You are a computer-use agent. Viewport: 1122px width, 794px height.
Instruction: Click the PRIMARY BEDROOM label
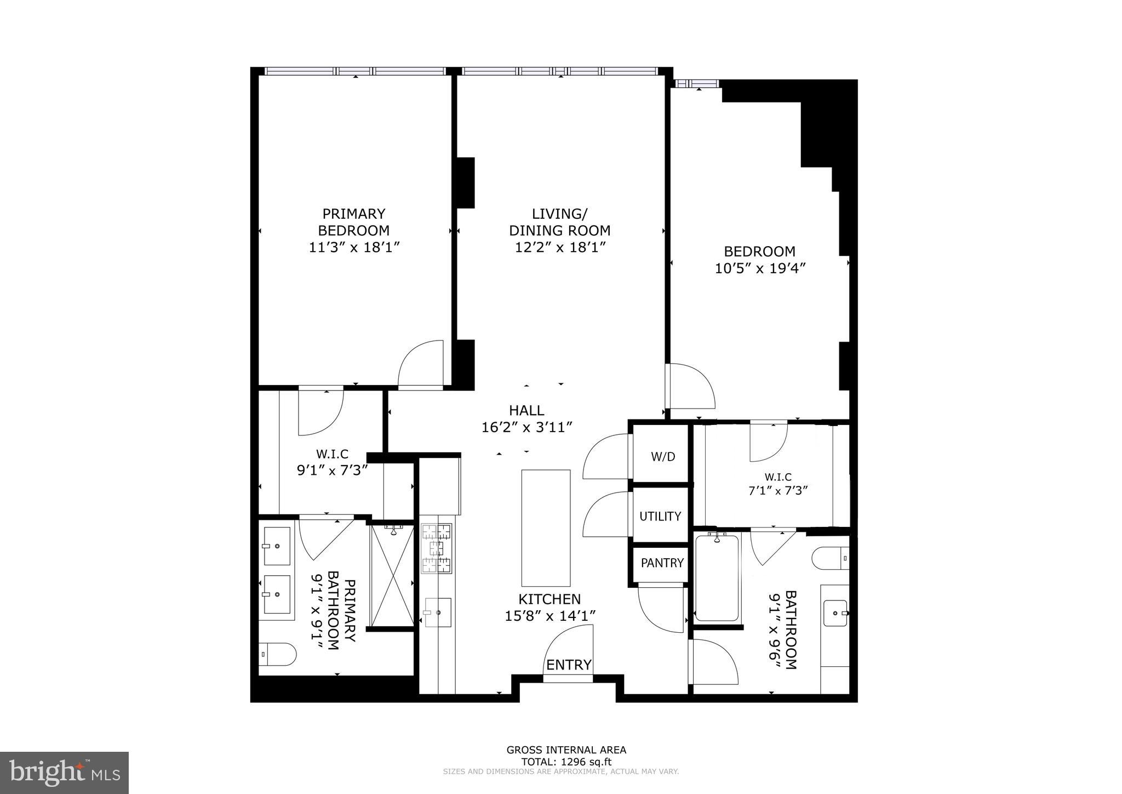tap(353, 222)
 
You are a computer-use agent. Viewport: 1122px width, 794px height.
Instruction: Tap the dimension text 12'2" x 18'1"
tap(560, 247)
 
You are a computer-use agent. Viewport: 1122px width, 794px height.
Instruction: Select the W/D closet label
tap(662, 457)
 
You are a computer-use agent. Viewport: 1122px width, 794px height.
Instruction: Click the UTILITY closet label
tap(660, 516)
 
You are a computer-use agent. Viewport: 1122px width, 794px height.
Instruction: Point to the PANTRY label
tap(662, 563)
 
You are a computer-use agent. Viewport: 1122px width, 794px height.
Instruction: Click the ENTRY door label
tap(569, 665)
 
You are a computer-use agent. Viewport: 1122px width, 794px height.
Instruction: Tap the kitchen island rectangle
tap(546, 528)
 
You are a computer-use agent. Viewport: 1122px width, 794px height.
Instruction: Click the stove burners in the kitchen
tap(437, 548)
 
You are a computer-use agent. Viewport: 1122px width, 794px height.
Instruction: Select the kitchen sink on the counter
tap(438, 612)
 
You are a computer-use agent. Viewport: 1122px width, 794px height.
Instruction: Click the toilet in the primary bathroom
tap(278, 654)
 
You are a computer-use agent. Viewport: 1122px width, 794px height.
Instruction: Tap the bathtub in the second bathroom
tap(717, 578)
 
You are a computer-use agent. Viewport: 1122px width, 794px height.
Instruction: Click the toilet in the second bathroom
tap(829, 558)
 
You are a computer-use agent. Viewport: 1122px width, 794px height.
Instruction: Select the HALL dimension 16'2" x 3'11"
tap(527, 427)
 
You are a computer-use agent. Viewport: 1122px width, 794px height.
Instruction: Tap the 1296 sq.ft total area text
tap(566, 762)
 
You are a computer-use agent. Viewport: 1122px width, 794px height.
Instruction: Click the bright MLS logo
tap(64, 773)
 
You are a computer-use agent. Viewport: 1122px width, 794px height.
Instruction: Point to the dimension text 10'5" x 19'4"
tap(760, 268)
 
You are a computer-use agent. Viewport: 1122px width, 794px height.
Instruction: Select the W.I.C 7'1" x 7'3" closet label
tap(778, 484)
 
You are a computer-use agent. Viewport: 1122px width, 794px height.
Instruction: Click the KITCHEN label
tap(549, 599)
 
